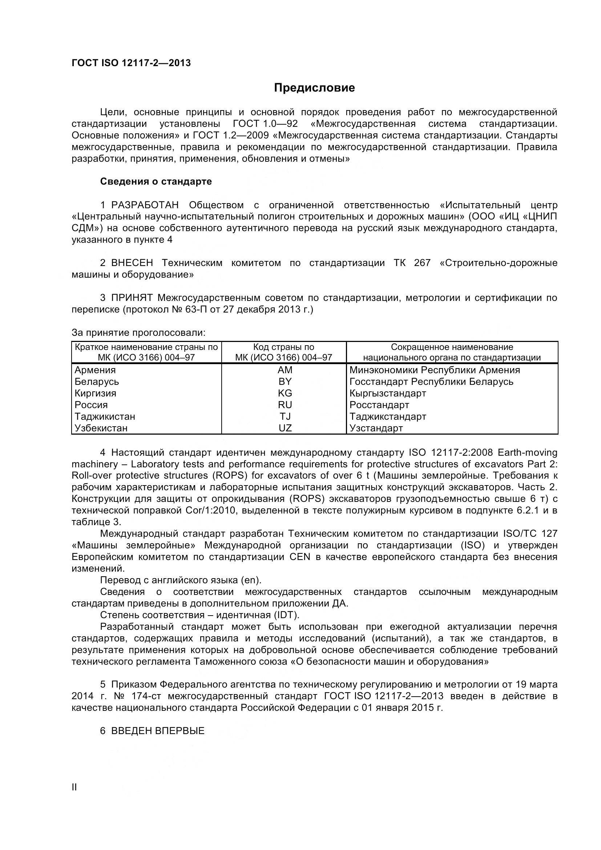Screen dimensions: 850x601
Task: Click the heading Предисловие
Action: coord(314,88)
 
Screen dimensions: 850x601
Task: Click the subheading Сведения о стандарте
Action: coord(156,181)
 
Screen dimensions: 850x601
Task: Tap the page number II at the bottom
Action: coord(74,787)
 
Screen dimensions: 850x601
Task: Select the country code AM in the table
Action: coord(285,370)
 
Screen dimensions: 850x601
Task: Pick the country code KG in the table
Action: coord(285,393)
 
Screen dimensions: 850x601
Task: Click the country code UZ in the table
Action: coord(285,428)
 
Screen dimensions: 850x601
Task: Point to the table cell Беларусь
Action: coord(97,381)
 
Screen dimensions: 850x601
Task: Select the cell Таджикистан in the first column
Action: coord(105,416)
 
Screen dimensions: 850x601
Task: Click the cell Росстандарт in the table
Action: coord(379,404)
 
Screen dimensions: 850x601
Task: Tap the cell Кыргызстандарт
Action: coord(387,393)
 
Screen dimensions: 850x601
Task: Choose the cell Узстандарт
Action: coord(376,428)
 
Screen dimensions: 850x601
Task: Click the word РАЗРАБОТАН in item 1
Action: coord(145,205)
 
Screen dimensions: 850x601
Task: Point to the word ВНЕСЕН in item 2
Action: coord(132,263)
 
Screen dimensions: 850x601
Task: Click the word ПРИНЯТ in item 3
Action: coord(132,298)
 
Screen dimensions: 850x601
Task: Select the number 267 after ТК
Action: coord(422,263)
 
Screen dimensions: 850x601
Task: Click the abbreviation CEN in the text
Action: coord(300,557)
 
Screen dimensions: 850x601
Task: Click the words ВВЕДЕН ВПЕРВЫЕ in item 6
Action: coord(158,731)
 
